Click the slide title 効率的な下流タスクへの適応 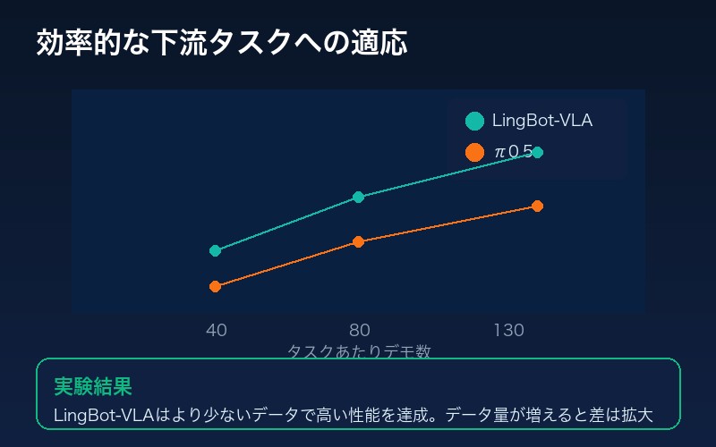(x=222, y=43)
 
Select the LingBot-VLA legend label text (x=542, y=121)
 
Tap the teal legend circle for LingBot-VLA (x=475, y=121)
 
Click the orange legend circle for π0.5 (x=475, y=152)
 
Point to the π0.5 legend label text (x=513, y=152)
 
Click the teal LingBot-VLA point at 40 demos (x=215, y=250)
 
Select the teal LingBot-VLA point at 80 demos (x=358, y=197)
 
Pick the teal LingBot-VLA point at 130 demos (x=537, y=152)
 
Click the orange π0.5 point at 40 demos (x=215, y=286)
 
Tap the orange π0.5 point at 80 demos (x=358, y=241)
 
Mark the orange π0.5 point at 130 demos (x=537, y=206)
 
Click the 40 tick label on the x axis (x=216, y=331)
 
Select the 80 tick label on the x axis (x=360, y=331)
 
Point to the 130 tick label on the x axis (x=508, y=331)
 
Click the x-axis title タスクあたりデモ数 (x=359, y=351)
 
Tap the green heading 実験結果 (x=93, y=386)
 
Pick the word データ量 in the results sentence (x=474, y=416)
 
